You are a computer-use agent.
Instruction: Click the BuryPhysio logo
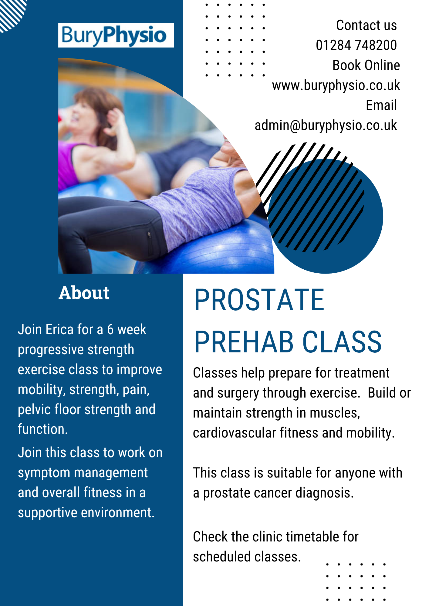tap(116, 35)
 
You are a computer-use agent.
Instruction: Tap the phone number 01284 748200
tap(356, 45)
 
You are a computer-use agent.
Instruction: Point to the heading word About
tap(84, 293)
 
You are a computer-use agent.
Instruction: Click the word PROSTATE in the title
tap(259, 300)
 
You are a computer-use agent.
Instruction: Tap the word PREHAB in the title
tap(244, 342)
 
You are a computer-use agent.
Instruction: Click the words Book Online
tap(366, 65)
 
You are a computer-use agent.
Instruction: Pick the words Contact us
tap(367, 25)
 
